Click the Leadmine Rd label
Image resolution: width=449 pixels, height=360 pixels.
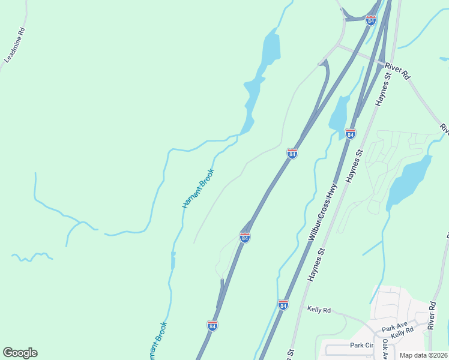15,44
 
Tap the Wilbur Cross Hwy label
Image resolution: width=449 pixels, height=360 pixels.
322,212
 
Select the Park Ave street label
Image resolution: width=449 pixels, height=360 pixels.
394,328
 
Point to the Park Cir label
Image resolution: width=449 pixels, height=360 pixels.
362,346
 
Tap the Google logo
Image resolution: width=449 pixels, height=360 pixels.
20,353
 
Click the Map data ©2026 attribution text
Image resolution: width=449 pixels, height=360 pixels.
423,355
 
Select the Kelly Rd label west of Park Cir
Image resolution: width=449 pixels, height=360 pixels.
319,310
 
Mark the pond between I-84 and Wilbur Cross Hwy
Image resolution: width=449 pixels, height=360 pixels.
339,113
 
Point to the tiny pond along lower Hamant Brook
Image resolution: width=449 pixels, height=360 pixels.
173,261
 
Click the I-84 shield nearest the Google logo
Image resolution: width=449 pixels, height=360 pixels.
212,325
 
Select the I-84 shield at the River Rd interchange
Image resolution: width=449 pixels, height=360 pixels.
370,20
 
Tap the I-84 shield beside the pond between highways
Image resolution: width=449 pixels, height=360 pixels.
351,133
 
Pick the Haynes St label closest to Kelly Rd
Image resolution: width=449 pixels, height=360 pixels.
317,265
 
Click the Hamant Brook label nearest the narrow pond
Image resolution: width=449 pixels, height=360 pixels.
197,189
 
